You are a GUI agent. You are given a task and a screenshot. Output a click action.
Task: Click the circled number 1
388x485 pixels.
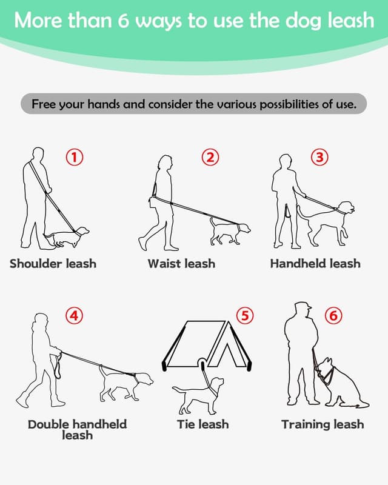(x=74, y=158)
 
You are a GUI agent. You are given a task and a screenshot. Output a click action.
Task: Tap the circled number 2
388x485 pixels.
(x=210, y=158)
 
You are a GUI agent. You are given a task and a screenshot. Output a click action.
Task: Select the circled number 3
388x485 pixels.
(x=319, y=158)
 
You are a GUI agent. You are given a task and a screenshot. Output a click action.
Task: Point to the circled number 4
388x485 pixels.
(x=74, y=315)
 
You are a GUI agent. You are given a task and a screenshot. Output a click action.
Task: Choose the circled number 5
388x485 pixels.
(x=244, y=315)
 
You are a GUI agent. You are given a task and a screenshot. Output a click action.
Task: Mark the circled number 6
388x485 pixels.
(x=333, y=315)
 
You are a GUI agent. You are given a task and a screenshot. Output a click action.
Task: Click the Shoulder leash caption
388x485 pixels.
(x=53, y=264)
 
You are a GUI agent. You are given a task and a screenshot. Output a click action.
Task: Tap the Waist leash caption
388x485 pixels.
(x=181, y=264)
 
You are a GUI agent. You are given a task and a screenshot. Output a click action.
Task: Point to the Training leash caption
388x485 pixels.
(x=323, y=424)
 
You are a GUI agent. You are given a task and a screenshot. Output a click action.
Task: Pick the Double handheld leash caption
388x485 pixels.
(x=77, y=429)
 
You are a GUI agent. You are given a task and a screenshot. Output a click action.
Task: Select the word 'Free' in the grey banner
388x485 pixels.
(x=44, y=104)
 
